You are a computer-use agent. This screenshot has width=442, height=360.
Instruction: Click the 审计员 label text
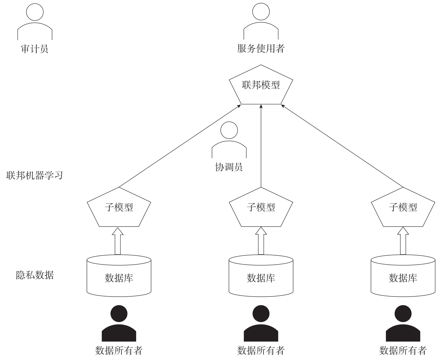point(35,49)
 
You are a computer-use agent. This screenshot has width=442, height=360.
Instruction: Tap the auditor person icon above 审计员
point(35,22)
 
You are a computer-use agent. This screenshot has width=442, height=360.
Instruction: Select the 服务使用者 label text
point(261,48)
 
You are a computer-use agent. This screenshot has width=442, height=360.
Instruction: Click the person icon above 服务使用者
point(261,22)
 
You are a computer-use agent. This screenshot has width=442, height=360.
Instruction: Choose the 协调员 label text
point(229,167)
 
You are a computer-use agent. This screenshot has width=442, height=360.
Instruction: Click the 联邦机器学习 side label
point(35,175)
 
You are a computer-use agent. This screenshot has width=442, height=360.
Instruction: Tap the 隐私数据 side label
point(35,275)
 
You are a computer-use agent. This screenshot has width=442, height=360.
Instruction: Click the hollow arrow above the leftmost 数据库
point(118,241)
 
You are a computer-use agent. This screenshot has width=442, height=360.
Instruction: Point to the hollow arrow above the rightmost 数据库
point(403,241)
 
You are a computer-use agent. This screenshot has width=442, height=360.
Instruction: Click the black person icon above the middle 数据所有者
point(261,324)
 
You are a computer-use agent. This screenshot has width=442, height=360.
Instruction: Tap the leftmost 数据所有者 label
point(119,350)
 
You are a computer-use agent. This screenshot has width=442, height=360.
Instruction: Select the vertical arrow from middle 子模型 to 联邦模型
point(261,147)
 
